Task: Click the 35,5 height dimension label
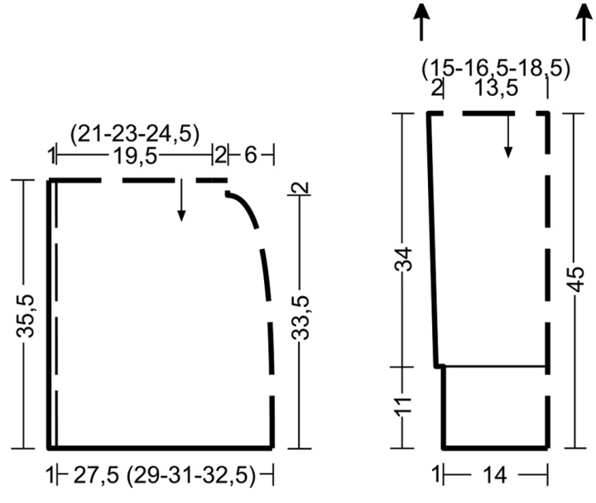point(26,316)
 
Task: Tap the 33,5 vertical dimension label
point(300,318)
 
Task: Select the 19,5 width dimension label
point(135,156)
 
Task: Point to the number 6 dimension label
point(251,156)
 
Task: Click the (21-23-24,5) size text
point(135,135)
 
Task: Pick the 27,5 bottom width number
point(96,475)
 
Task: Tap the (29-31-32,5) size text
point(191,476)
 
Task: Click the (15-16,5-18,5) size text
point(496,69)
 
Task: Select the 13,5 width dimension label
point(497,89)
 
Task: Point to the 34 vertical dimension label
point(404,259)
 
